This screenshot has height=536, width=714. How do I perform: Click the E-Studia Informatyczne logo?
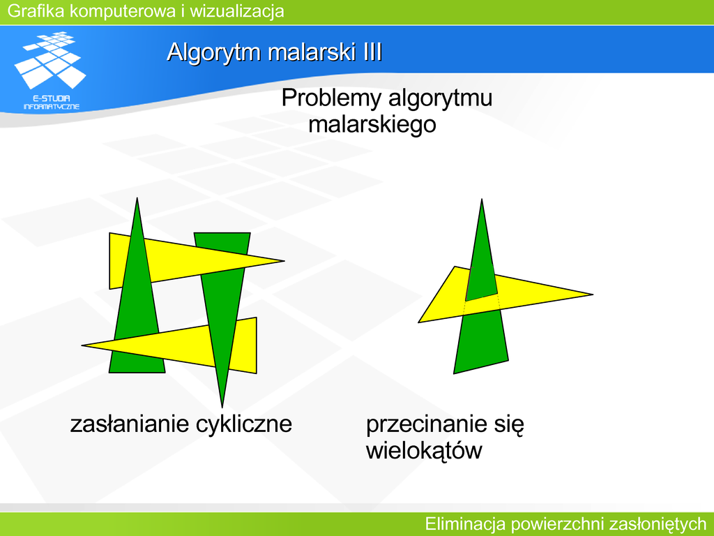[x=50, y=70]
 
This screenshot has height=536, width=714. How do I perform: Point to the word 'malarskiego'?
[x=372, y=124]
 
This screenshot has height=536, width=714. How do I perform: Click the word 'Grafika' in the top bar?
[x=36, y=10]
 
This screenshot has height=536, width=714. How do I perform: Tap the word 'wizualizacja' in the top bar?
[x=237, y=10]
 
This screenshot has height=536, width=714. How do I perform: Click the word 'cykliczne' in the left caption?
[x=244, y=424]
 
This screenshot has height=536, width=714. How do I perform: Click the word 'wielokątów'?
[x=424, y=451]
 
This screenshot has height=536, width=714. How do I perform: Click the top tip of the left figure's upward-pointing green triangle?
[x=137, y=198]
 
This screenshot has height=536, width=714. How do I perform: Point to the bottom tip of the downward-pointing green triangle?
[x=222, y=407]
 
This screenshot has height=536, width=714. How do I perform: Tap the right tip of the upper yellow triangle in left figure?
[x=284, y=261]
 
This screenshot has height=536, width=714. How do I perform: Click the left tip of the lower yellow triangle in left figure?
[x=82, y=345]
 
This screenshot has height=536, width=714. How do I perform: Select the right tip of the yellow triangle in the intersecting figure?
[x=593, y=295]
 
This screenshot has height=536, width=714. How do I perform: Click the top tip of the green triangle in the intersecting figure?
[x=482, y=200]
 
